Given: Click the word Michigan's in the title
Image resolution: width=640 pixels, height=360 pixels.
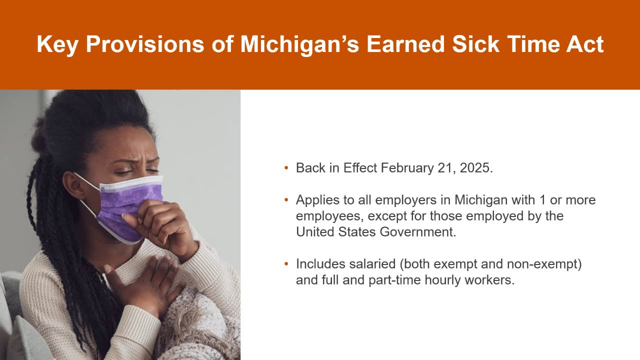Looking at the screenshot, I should tap(298, 44).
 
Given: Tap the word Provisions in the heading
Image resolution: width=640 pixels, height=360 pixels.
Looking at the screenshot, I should tap(145, 44).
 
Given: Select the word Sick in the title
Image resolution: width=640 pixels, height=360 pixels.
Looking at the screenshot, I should tap(475, 44).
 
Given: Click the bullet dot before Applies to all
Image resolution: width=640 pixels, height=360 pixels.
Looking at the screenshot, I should tap(286, 200).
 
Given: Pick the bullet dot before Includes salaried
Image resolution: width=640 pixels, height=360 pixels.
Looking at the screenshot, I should tap(286, 264).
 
